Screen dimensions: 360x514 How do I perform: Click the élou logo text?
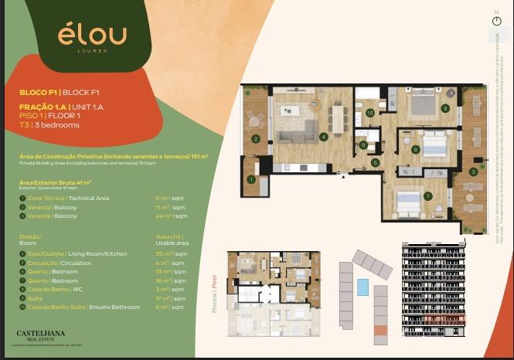[92, 34]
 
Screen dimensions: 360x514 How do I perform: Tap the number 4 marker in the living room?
[323, 137]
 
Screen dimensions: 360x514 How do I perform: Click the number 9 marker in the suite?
[445, 108]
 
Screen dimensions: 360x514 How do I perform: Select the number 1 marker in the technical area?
[251, 179]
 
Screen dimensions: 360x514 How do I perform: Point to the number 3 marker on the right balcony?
[473, 172]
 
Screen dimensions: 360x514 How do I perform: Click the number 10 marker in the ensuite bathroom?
[370, 113]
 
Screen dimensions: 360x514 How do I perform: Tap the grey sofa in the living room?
[298, 136]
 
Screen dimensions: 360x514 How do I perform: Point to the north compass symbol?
[496, 21]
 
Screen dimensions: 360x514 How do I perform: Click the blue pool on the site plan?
[363, 287]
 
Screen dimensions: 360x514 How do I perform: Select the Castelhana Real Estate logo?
[46, 336]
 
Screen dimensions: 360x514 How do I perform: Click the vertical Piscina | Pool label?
[214, 293]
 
